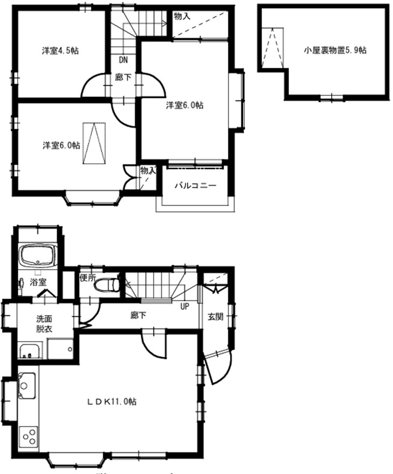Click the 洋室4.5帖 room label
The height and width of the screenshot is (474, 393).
(x=61, y=51)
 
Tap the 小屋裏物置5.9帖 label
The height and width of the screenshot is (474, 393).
(x=335, y=51)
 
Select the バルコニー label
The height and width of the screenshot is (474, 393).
(x=195, y=186)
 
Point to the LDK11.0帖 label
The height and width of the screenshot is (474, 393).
(x=112, y=401)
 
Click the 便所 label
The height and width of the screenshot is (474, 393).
(x=87, y=278)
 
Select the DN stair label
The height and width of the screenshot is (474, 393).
(x=123, y=60)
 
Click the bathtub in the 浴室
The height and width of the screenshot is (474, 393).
(x=38, y=256)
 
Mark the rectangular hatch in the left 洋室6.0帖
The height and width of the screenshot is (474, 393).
(x=94, y=144)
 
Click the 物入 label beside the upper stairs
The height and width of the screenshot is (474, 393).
(x=182, y=17)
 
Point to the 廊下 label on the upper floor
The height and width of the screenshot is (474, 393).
(x=123, y=77)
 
